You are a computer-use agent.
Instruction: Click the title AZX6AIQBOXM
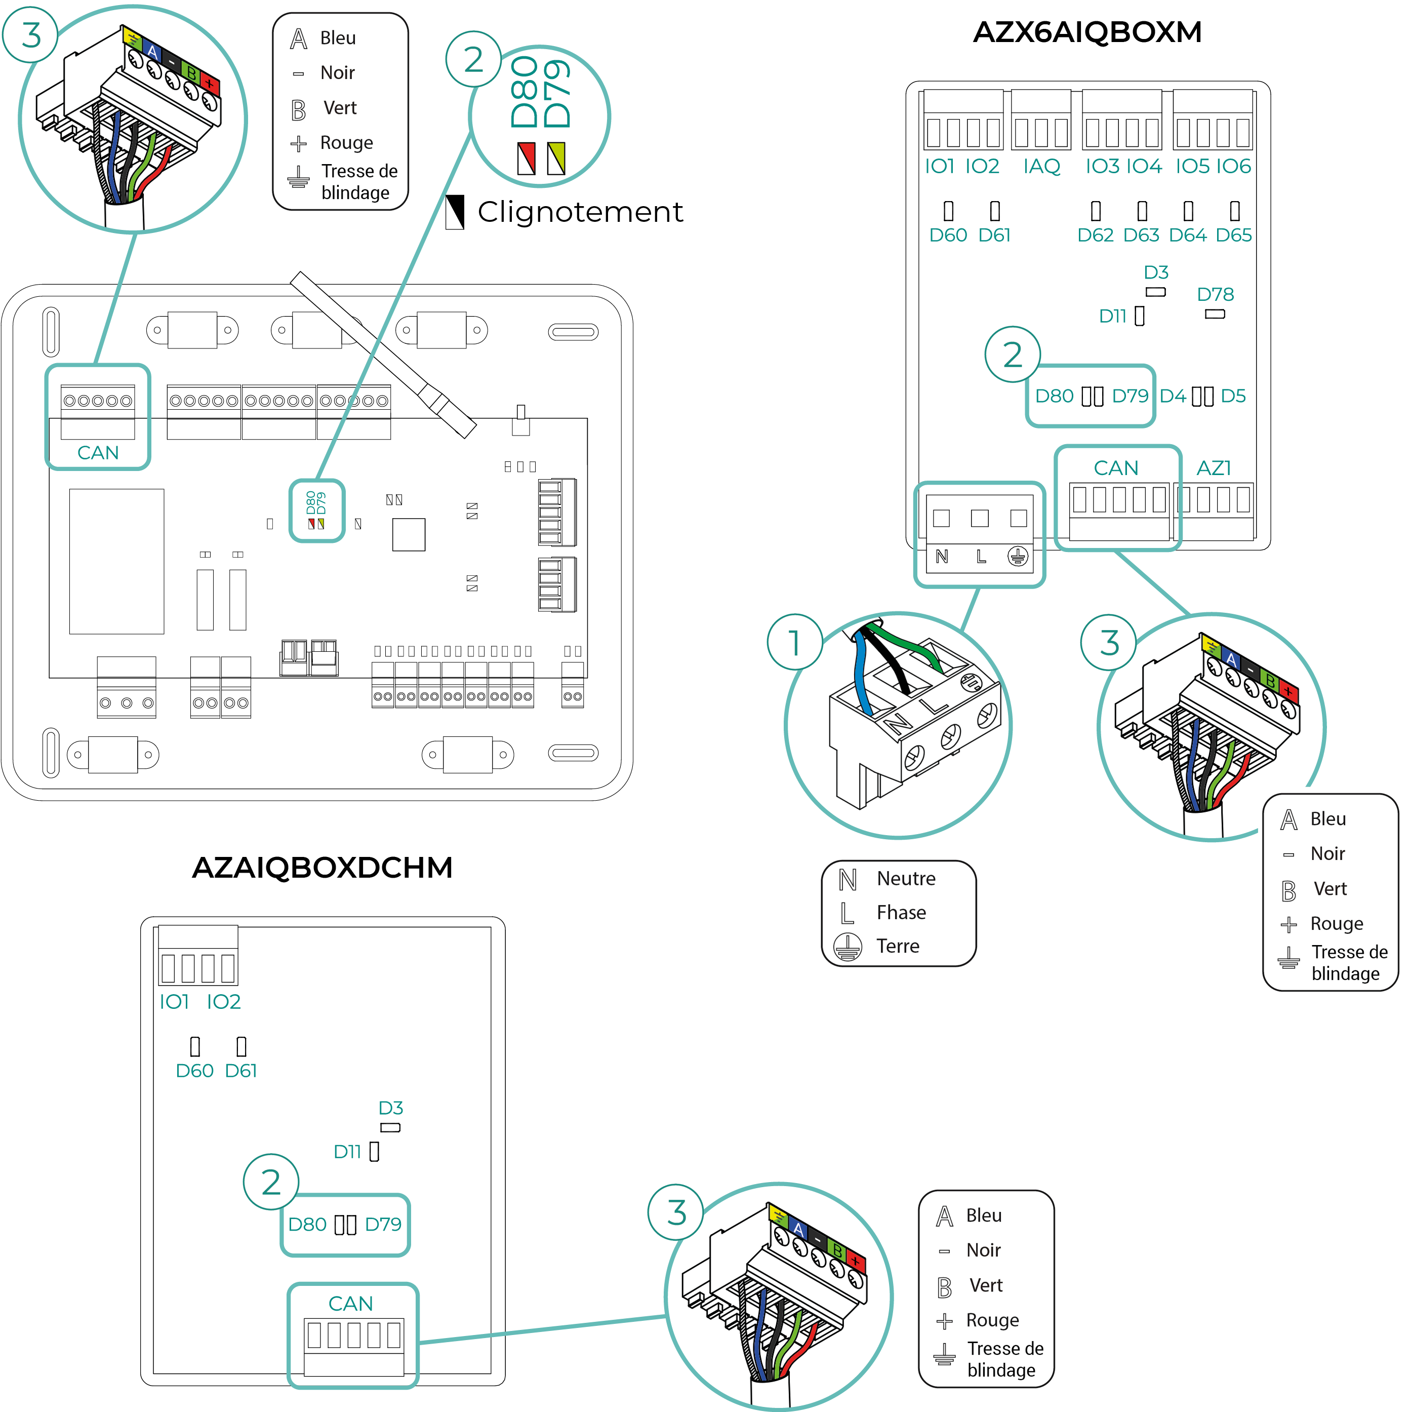[1086, 32]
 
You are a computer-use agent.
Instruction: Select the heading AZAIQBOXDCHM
[321, 868]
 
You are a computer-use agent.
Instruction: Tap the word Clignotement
[580, 212]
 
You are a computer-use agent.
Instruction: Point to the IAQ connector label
[1041, 167]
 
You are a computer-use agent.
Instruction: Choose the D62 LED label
[1095, 236]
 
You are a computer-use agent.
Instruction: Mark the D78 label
[1215, 295]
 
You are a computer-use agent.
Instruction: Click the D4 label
[1173, 396]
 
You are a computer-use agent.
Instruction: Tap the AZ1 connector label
[1214, 468]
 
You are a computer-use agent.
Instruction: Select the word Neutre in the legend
[906, 879]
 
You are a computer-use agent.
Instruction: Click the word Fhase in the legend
[901, 913]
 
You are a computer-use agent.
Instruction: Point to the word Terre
[898, 947]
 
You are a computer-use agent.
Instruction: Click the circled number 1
[795, 642]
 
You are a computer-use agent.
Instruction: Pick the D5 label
[1233, 396]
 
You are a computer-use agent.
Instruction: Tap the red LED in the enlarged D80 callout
[526, 158]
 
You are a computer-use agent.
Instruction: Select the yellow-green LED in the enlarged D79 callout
[556, 158]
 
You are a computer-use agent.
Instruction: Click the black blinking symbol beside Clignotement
[455, 212]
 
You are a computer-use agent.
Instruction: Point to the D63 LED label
[1141, 236]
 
